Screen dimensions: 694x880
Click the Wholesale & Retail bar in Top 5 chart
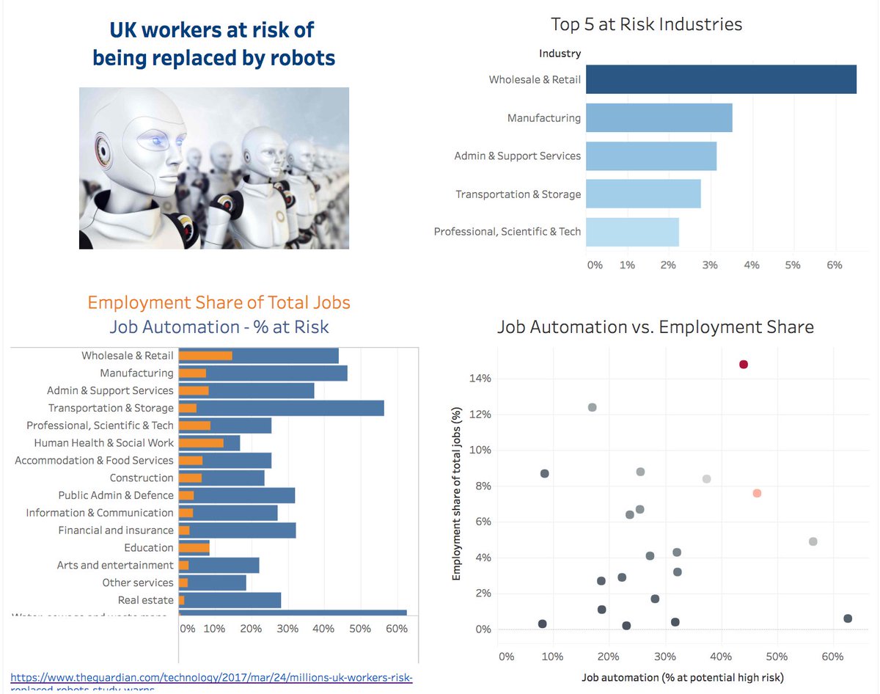coord(721,79)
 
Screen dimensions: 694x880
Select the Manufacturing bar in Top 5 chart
coord(659,117)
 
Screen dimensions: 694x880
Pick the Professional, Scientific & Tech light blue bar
coord(632,232)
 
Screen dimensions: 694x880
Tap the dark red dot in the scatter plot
coord(744,365)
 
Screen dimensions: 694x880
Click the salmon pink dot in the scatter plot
coord(757,493)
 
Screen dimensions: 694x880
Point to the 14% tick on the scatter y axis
coord(480,379)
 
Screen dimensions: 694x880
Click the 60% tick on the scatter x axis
coord(832,656)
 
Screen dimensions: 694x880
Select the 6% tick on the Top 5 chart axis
coord(835,264)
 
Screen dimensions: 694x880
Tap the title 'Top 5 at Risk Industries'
coord(646,24)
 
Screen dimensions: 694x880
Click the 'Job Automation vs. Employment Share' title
coord(655,327)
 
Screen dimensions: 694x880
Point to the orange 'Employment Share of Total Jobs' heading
coord(219,302)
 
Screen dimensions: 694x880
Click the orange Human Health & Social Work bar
coord(201,443)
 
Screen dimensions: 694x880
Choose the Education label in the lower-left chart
coord(149,548)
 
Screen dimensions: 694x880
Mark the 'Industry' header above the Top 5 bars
coord(560,53)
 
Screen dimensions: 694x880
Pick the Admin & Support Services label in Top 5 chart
coord(517,156)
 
